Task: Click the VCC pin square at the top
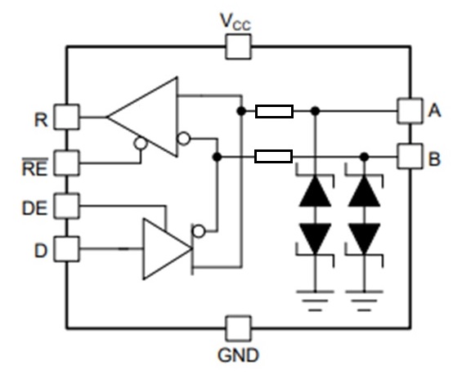point(238,47)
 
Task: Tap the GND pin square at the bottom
point(238,328)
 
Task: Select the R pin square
point(67,117)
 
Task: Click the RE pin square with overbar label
point(67,163)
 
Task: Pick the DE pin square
point(67,206)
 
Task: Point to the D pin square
point(67,249)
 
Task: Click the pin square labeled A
point(410,111)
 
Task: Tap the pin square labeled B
point(410,156)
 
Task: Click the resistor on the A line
point(274,111)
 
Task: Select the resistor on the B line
point(274,156)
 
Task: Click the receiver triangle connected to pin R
point(142,117)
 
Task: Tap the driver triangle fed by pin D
point(167,249)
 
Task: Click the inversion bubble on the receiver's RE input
point(141,143)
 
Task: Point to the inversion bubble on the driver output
point(199,231)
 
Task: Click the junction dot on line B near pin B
point(365,156)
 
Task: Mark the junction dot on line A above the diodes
point(315,111)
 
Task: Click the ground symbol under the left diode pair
point(315,301)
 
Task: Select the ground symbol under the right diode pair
point(365,301)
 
